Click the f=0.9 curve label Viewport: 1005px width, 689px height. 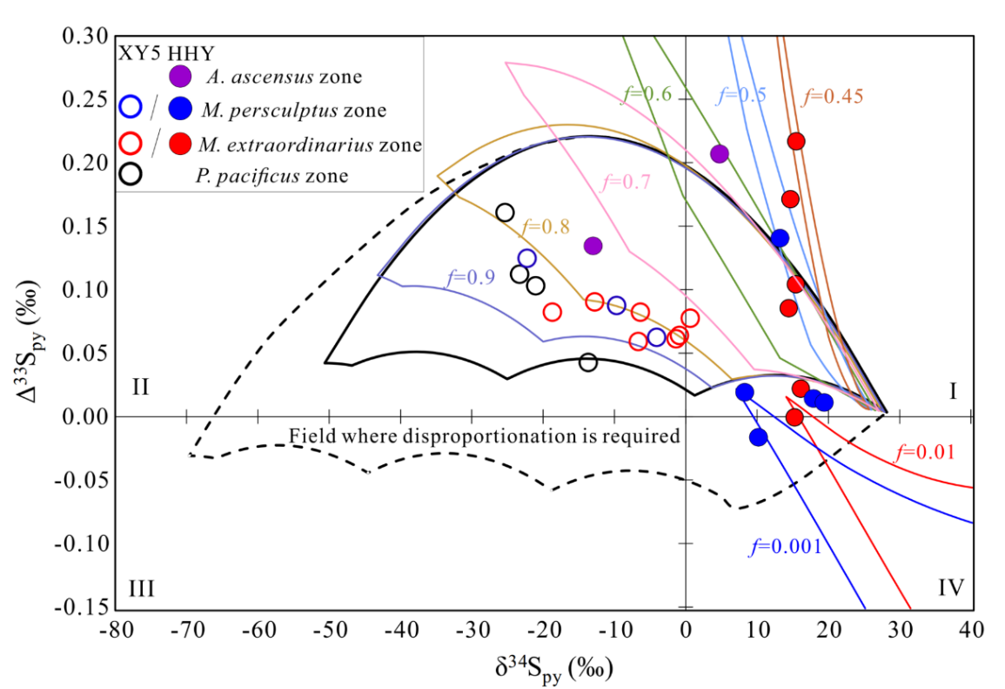point(471,277)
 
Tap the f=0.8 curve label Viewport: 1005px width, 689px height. point(546,226)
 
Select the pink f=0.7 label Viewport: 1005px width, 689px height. point(626,182)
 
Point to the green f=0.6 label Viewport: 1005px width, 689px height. point(647,94)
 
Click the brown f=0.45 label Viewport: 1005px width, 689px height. point(833,96)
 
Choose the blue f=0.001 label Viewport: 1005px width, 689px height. point(785,546)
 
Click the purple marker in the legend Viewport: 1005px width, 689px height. point(180,76)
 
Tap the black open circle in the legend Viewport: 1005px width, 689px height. point(131,174)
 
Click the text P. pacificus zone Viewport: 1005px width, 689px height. point(271,176)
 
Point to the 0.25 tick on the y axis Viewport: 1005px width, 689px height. point(85,98)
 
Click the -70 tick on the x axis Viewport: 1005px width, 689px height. point(186,630)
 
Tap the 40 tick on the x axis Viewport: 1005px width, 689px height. point(972,630)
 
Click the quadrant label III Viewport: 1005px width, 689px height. point(141,588)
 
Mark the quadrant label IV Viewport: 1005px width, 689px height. point(951,587)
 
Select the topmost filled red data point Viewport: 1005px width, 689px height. point(796,141)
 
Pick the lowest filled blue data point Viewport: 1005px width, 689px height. point(758,437)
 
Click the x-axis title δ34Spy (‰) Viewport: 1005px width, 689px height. point(553,668)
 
